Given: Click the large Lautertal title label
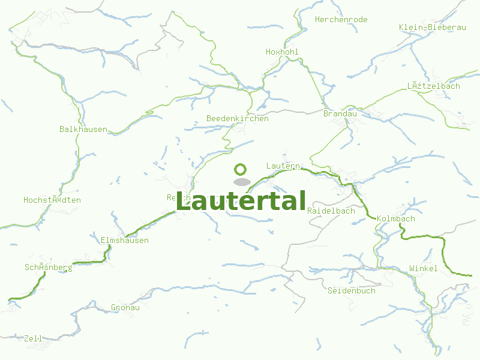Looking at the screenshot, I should pyautogui.click(x=241, y=201).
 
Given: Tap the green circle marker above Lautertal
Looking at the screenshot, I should pyautogui.click(x=241, y=169).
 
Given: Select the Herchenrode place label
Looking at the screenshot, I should pyautogui.click(x=341, y=20).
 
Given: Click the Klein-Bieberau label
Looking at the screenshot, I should pyautogui.click(x=432, y=28).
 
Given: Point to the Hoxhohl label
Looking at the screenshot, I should pyautogui.click(x=282, y=52).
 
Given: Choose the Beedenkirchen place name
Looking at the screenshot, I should pyautogui.click(x=237, y=119).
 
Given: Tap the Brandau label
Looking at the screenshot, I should pyautogui.click(x=340, y=114).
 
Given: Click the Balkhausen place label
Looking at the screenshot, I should pyautogui.click(x=83, y=130).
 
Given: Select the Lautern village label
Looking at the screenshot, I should pyautogui.click(x=283, y=166).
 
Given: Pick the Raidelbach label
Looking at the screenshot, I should pyautogui.click(x=331, y=211).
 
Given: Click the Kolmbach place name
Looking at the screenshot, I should pyautogui.click(x=396, y=219).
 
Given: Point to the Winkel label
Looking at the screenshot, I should pyautogui.click(x=423, y=269).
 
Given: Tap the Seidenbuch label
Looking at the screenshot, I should pyautogui.click(x=351, y=291).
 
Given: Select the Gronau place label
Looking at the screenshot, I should pyautogui.click(x=125, y=308).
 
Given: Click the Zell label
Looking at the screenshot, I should pyautogui.click(x=33, y=339).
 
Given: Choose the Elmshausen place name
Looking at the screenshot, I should pyautogui.click(x=124, y=241).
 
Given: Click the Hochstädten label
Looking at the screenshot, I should pyautogui.click(x=52, y=200).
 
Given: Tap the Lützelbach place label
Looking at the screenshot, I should pyautogui.click(x=433, y=86).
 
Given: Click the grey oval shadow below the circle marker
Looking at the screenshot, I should pyautogui.click(x=241, y=182).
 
